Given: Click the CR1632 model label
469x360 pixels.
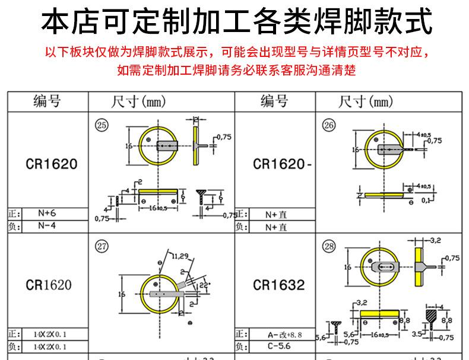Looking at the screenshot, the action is pos(278,286).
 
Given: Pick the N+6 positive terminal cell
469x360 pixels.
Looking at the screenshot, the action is pos(46,214).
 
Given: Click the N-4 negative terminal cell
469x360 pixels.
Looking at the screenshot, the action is pos(46,226).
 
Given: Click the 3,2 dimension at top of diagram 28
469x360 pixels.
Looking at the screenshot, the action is pos(434,241).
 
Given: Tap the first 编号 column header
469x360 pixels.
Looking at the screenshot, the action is pos(47,102).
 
